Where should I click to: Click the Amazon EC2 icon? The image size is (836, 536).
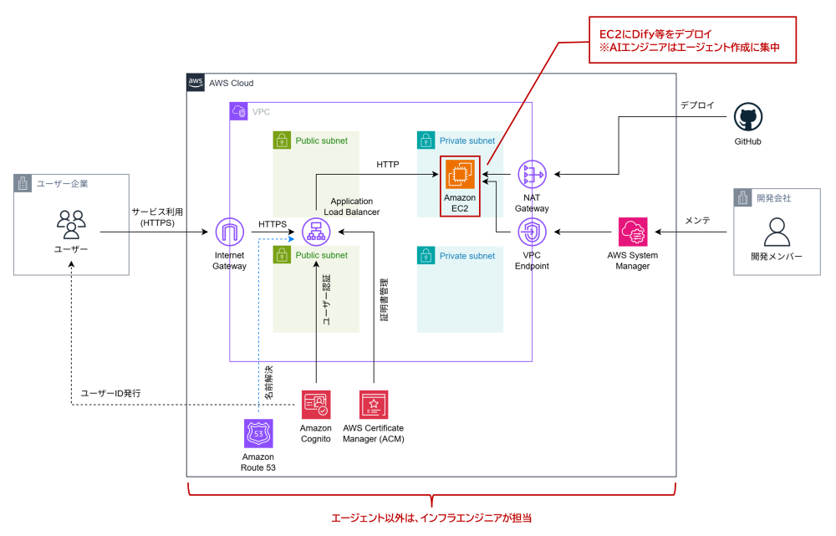(x=459, y=174)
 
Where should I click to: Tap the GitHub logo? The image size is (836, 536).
(x=747, y=117)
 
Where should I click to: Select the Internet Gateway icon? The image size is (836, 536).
(x=229, y=232)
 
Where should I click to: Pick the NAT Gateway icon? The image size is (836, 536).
(x=532, y=174)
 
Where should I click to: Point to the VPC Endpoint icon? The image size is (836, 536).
(x=532, y=232)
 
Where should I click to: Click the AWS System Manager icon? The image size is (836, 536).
(x=633, y=232)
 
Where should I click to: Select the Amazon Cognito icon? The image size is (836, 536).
(x=315, y=405)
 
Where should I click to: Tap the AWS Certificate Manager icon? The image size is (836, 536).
(x=373, y=405)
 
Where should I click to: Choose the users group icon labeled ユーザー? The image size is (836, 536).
(x=70, y=224)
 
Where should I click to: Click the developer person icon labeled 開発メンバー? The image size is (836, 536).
(x=777, y=231)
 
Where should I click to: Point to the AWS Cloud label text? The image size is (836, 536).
(x=231, y=83)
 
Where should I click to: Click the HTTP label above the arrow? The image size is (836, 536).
(x=389, y=166)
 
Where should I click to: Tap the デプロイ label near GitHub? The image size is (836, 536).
(x=696, y=106)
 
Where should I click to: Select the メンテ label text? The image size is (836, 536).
(x=697, y=221)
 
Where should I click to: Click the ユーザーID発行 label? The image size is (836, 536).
(x=110, y=393)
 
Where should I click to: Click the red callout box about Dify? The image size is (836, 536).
(x=691, y=40)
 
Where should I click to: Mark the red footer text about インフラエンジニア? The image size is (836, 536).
(x=431, y=519)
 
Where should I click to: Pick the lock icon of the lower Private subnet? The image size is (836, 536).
(x=426, y=256)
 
